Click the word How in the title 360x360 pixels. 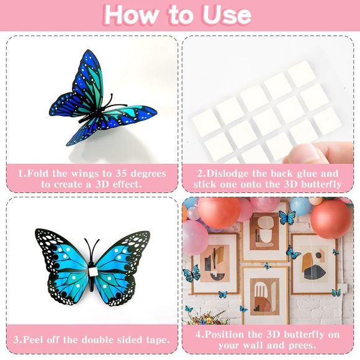130,15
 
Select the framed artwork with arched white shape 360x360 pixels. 264,292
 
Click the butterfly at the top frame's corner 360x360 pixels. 287,218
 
